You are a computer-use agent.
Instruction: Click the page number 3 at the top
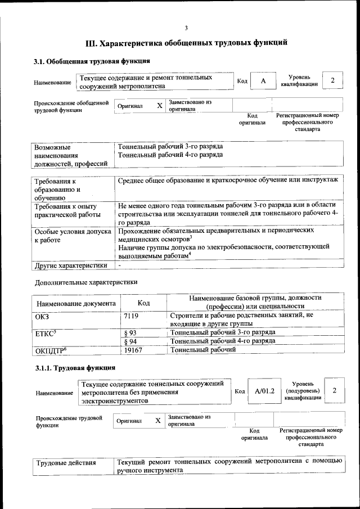point(186,28)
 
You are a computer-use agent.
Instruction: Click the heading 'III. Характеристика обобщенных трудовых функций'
point(186,42)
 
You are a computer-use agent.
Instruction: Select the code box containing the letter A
point(262,81)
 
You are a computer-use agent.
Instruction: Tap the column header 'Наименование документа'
point(76,303)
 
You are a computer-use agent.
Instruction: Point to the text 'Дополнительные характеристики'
point(86,282)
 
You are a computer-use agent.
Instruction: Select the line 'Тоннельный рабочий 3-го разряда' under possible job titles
point(170,146)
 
